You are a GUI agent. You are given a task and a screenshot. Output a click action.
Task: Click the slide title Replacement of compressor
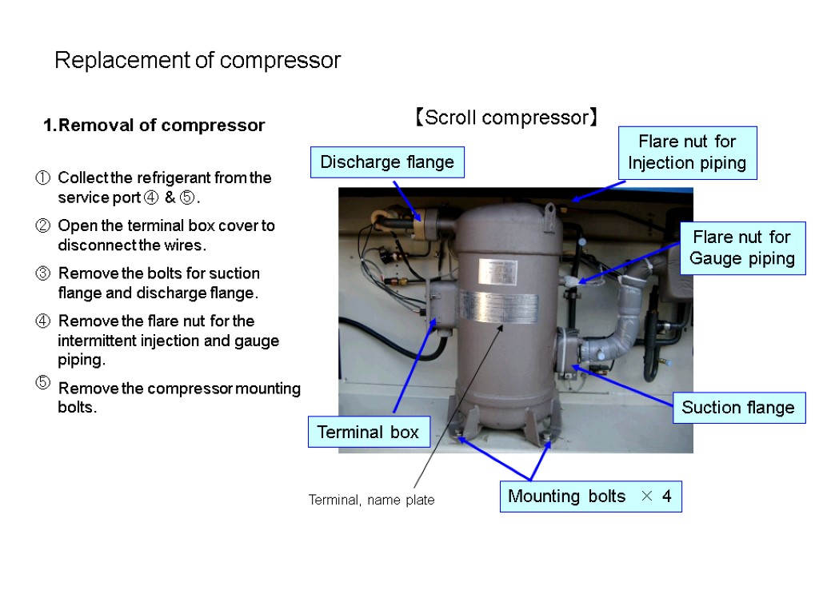198,61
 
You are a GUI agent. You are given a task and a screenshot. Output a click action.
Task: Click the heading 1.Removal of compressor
154,126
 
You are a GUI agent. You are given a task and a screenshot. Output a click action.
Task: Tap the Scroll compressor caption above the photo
505,118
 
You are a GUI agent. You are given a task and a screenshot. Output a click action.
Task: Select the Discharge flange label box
386,162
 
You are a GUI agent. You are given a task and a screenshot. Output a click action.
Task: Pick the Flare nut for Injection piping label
687,153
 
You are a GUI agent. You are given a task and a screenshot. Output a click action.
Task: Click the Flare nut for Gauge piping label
741,248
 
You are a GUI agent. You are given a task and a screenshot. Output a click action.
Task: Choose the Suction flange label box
737,408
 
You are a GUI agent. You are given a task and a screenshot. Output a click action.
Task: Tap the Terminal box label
368,433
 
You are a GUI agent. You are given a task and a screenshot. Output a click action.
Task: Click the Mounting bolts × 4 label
590,496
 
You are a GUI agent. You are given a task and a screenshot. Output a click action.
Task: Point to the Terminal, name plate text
372,500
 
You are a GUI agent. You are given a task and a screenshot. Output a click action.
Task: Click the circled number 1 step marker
44,177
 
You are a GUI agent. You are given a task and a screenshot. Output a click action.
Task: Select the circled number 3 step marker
44,273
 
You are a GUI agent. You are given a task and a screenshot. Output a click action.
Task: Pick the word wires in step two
197,245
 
